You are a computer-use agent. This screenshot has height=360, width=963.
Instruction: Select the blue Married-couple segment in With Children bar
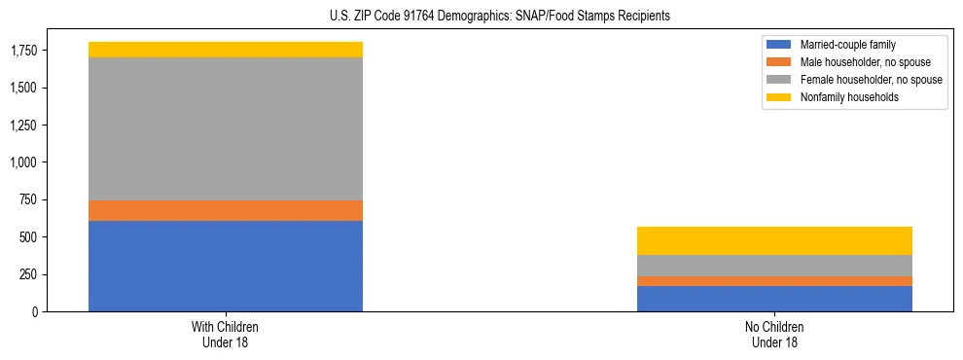pos(226,266)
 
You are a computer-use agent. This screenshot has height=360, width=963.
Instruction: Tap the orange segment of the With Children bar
pos(226,210)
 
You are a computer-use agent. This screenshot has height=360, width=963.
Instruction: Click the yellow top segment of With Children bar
pos(226,50)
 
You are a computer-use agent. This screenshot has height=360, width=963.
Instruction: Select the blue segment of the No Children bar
pos(774,299)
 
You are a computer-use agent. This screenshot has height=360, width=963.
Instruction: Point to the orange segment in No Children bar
pos(774,281)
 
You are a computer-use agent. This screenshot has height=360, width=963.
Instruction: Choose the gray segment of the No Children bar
pos(774,266)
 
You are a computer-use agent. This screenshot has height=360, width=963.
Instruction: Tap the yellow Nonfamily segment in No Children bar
pos(774,240)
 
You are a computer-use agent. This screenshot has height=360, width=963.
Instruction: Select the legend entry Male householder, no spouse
pos(862,62)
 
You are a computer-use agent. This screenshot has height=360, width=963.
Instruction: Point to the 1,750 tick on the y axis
pos(24,51)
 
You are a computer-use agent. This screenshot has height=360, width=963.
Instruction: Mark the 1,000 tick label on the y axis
pos(24,162)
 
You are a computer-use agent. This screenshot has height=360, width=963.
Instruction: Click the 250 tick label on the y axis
pos(29,274)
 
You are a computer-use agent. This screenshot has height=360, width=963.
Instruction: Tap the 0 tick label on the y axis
pos(35,311)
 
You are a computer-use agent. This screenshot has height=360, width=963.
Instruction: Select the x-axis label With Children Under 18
pos(226,335)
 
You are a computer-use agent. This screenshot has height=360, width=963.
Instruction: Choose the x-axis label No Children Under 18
pos(774,335)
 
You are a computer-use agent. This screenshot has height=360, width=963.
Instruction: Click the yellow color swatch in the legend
pos(779,97)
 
